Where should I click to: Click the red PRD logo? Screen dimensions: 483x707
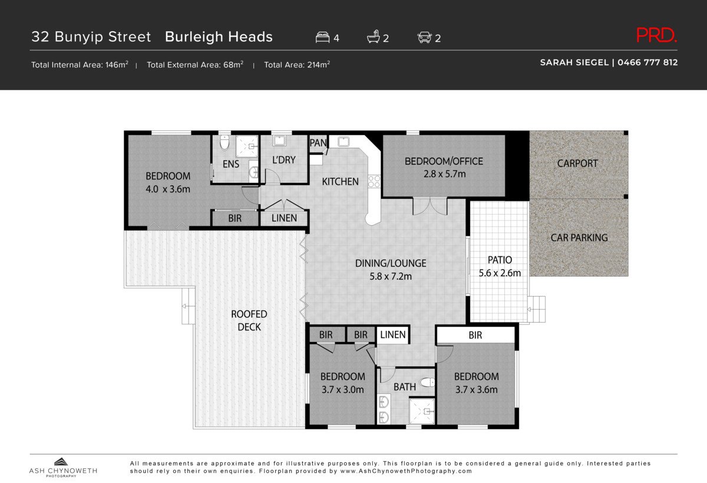click(656, 36)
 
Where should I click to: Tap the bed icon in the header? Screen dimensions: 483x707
click(322, 38)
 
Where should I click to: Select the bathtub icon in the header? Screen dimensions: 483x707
click(374, 38)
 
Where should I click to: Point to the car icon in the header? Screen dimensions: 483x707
click(424, 38)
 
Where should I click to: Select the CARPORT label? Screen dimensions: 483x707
click(577, 163)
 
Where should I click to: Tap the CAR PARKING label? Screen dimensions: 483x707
click(579, 238)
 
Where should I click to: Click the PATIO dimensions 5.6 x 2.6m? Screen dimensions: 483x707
click(500, 273)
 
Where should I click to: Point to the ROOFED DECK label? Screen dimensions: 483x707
click(249, 320)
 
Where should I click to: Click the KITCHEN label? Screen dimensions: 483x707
click(340, 182)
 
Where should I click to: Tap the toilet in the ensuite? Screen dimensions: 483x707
click(224, 143)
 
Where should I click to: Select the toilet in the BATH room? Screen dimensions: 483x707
click(427, 383)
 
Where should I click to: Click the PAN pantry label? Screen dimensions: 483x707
click(318, 143)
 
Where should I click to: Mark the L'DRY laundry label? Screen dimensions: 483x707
click(283, 160)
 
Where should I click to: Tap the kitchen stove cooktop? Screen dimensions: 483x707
click(374, 182)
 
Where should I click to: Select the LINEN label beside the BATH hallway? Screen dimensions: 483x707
click(392, 335)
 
